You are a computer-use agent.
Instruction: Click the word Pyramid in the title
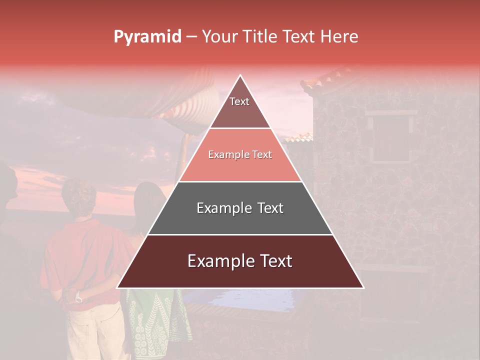(147, 37)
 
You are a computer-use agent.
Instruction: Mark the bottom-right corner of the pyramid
(363, 287)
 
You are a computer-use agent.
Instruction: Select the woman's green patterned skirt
(155, 320)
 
